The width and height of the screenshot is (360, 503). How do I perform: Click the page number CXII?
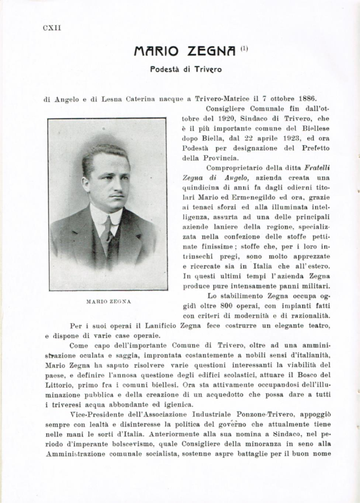point(52,28)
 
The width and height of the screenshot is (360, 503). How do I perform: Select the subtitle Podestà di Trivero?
point(186,69)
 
